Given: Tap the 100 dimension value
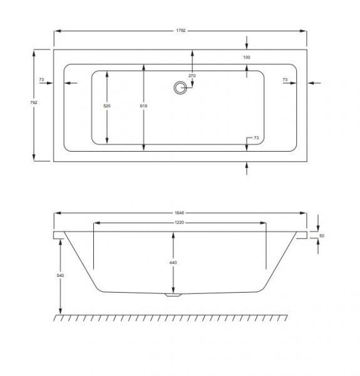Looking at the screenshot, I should (247, 58).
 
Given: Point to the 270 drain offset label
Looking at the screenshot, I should (192, 76).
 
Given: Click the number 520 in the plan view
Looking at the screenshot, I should (106, 107).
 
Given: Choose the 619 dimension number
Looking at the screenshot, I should (144, 107).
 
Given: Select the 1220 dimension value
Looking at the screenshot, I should (180, 223).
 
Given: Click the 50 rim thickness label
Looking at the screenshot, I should (322, 235).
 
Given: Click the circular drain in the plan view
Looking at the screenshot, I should (181, 88).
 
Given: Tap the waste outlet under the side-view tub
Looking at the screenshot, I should (172, 295).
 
